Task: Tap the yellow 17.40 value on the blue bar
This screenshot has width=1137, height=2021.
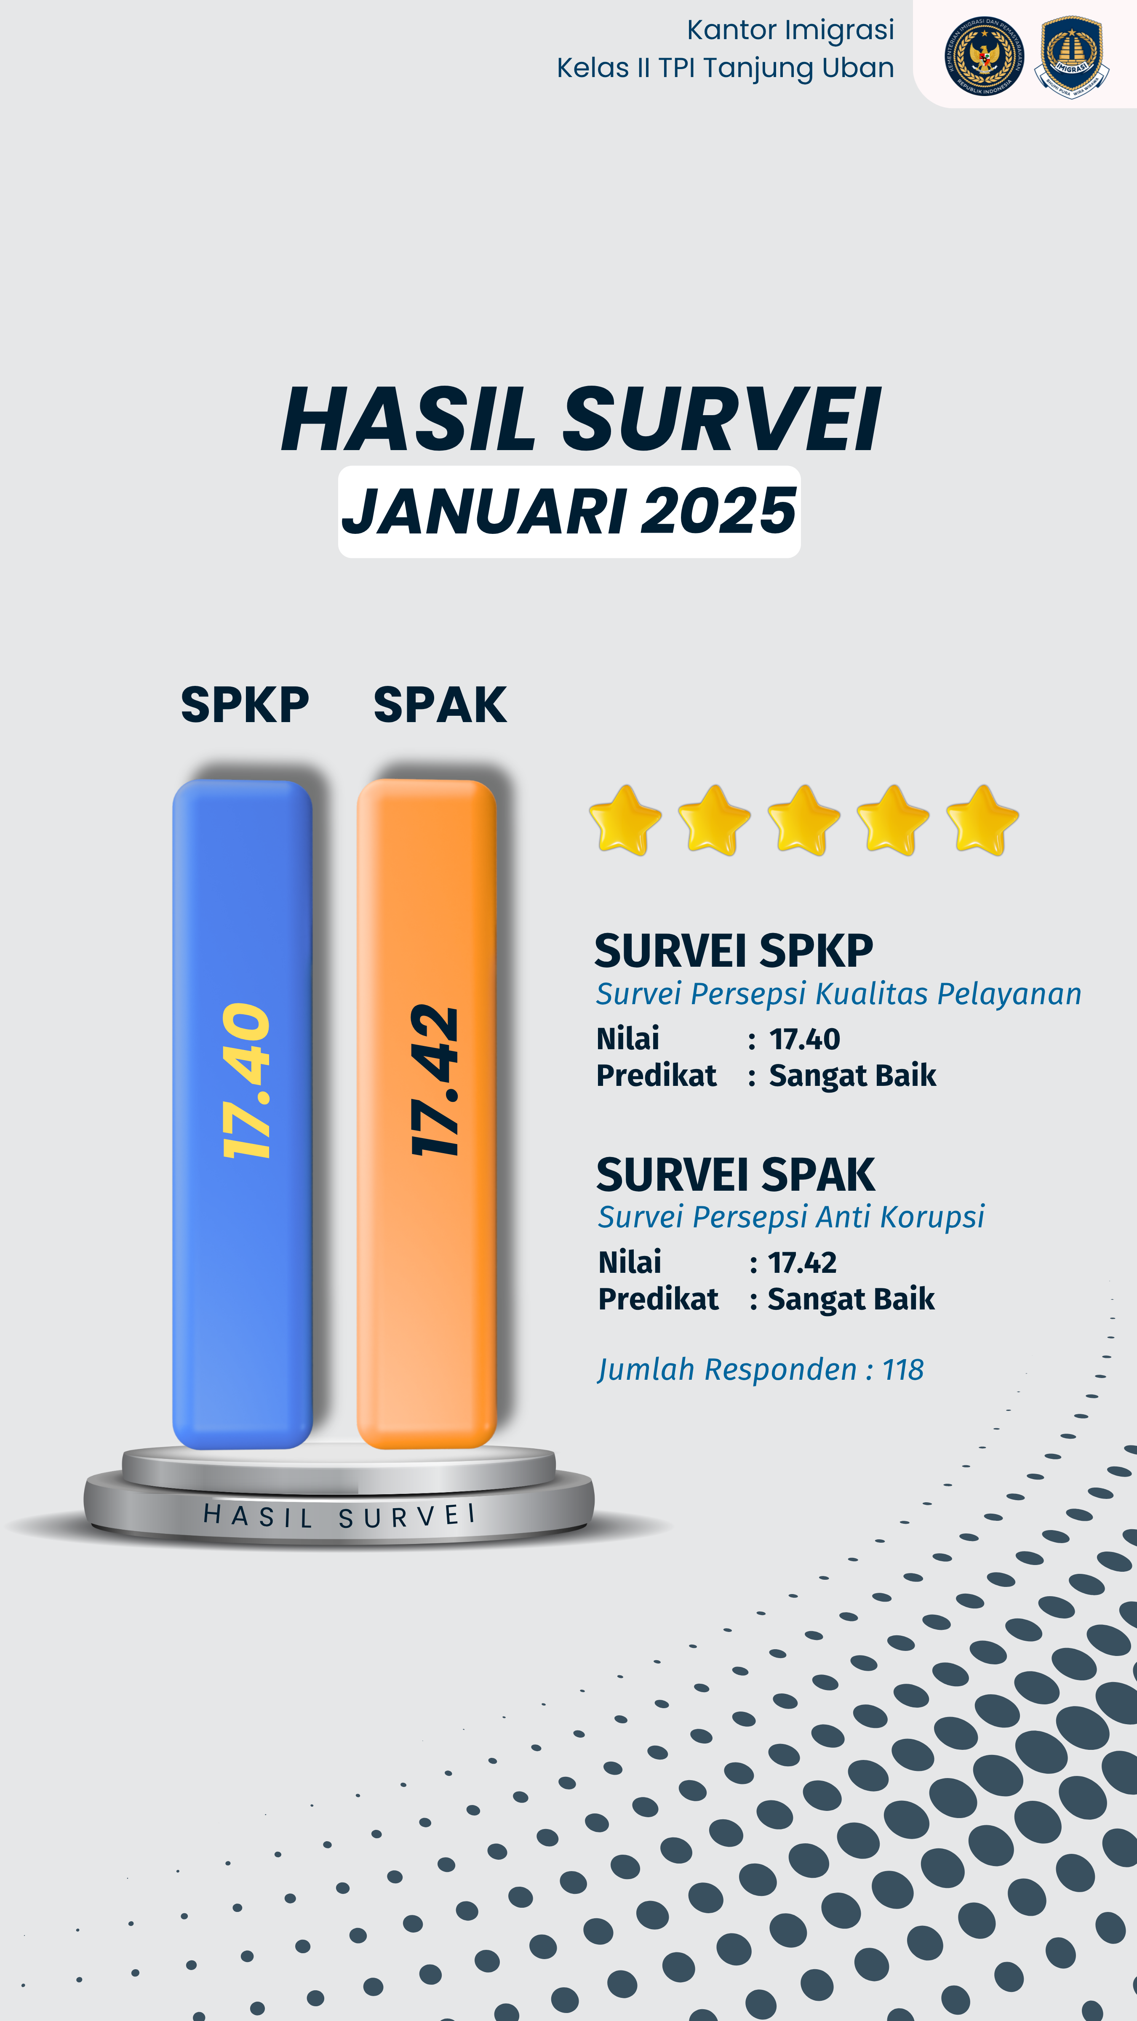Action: [246, 1081]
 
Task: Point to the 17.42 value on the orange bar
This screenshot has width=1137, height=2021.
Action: [434, 1081]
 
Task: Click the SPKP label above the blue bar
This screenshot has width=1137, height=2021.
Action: [245, 704]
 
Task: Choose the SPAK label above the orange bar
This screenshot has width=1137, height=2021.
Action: [439, 704]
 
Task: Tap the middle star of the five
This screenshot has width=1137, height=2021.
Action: [803, 820]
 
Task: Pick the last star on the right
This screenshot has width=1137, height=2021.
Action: [982, 820]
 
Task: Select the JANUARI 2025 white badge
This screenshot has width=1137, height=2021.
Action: [569, 512]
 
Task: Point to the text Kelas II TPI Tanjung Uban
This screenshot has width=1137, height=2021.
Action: [725, 68]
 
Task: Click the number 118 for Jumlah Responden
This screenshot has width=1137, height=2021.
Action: [903, 1370]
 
